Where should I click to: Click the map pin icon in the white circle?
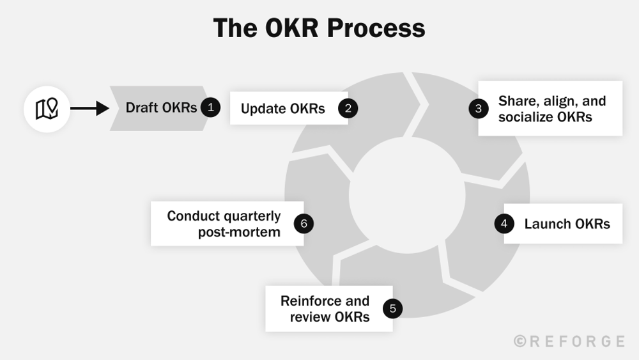coord(47,109)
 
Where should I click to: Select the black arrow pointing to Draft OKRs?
coord(89,109)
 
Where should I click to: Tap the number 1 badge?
coord(210,107)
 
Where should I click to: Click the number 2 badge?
coord(348,108)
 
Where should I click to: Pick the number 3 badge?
coord(479,108)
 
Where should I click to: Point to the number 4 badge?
coord(504,224)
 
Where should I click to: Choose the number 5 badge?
coord(392,309)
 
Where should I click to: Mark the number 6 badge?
coord(304,223)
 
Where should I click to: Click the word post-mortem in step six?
coord(239,231)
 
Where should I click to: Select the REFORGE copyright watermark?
coord(569,341)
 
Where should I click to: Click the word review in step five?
coord(309,317)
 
